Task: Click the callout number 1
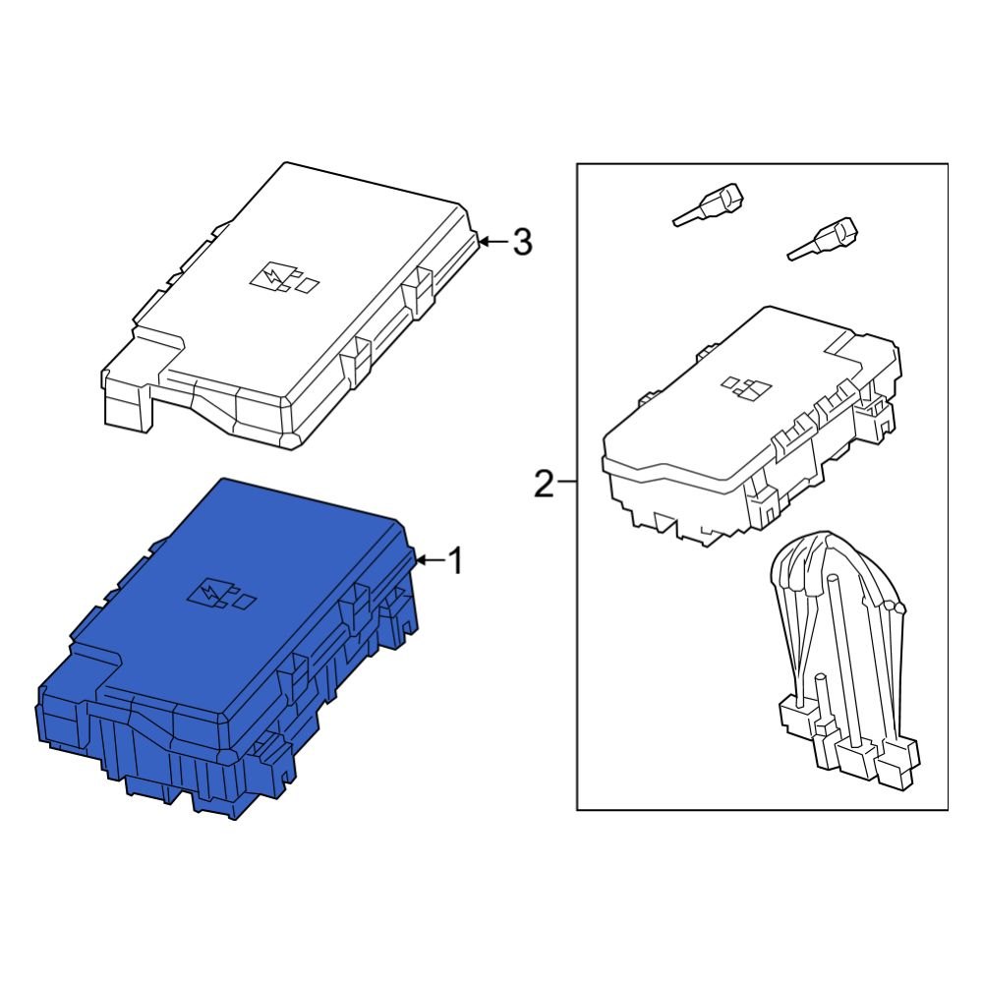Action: (454, 561)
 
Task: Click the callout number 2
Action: (544, 484)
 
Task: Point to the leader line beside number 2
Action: (566, 484)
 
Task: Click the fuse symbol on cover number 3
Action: (284, 279)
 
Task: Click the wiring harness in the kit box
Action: (840, 659)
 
